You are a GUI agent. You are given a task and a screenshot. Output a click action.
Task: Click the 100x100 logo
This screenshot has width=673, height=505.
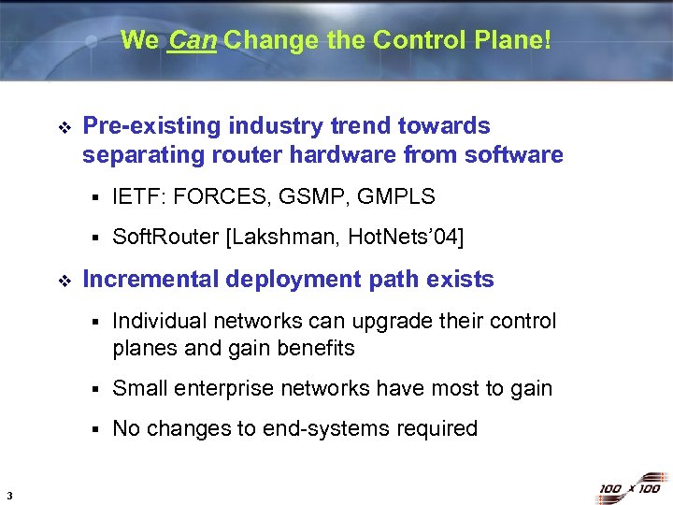tap(630, 488)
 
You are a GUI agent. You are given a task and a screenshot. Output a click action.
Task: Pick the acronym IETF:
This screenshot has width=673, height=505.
tap(139, 196)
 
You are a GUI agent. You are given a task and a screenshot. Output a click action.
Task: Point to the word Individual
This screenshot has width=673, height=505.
tap(157, 322)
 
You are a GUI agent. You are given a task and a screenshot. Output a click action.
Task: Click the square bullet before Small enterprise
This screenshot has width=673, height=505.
tap(96, 389)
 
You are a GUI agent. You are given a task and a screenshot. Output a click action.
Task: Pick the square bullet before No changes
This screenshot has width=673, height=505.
tap(96, 429)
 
